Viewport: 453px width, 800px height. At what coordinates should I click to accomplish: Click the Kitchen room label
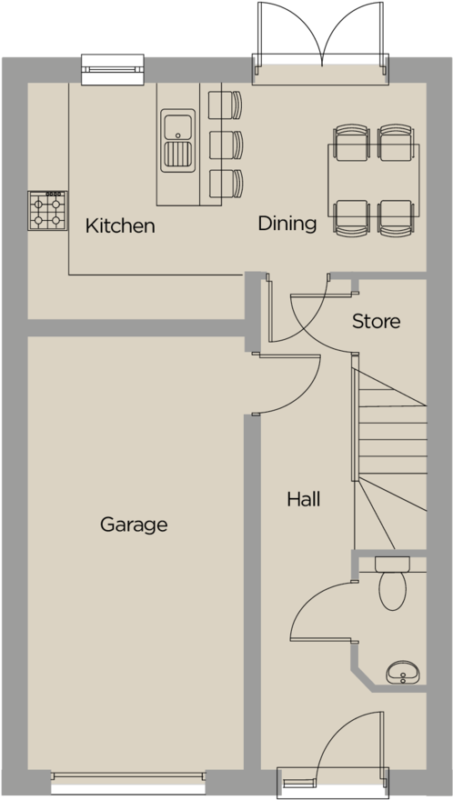tap(120, 226)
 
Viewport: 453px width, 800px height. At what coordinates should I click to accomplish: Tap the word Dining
tap(287, 224)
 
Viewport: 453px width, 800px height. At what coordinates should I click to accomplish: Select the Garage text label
tap(134, 525)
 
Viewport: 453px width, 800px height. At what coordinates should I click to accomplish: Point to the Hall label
tap(303, 499)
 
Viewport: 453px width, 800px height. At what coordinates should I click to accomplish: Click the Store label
tap(376, 322)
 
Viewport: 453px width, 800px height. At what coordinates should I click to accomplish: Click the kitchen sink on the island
tap(177, 140)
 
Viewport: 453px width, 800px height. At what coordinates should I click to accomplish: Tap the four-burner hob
tap(47, 210)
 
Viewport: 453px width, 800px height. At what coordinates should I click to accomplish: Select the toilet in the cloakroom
tap(395, 586)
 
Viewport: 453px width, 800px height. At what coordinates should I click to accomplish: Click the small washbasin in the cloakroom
tap(401, 674)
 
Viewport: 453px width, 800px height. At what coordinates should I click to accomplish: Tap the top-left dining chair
tap(350, 142)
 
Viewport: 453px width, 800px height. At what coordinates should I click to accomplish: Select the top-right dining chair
tap(396, 142)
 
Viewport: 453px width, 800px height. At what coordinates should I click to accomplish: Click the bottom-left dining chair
tap(350, 217)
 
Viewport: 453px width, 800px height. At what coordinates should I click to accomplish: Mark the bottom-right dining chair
tap(396, 217)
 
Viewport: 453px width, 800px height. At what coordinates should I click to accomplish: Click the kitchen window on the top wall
tap(114, 69)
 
